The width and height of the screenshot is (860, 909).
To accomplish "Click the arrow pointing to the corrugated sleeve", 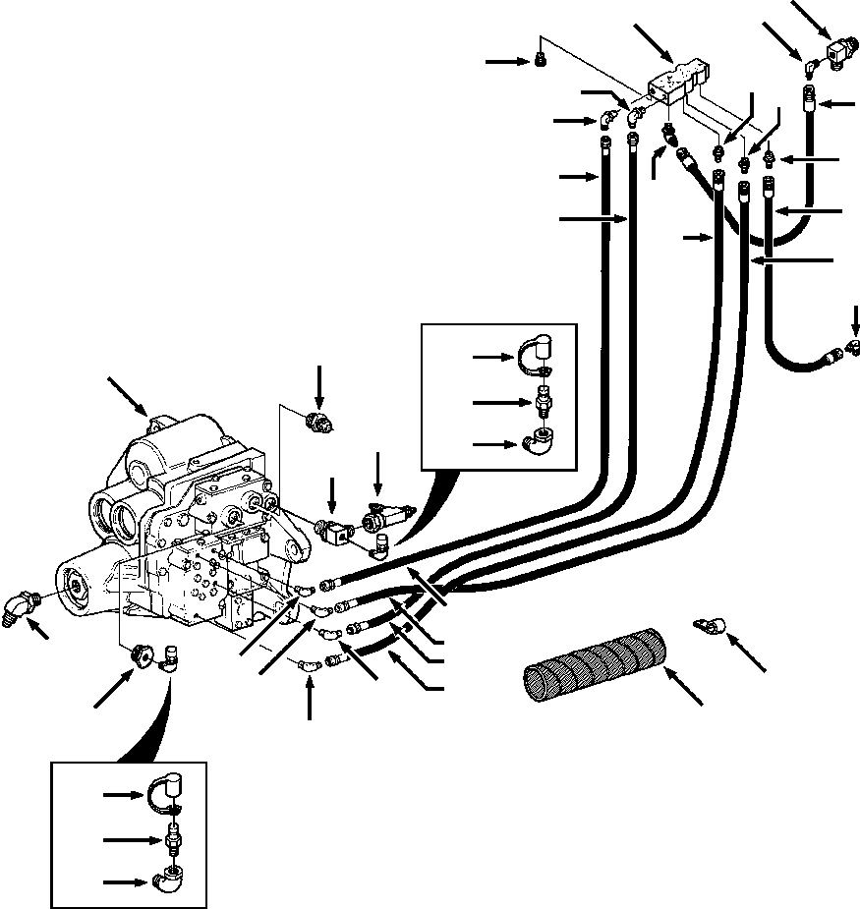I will coord(684,686).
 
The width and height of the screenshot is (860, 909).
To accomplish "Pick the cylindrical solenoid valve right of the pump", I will coord(385,515).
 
